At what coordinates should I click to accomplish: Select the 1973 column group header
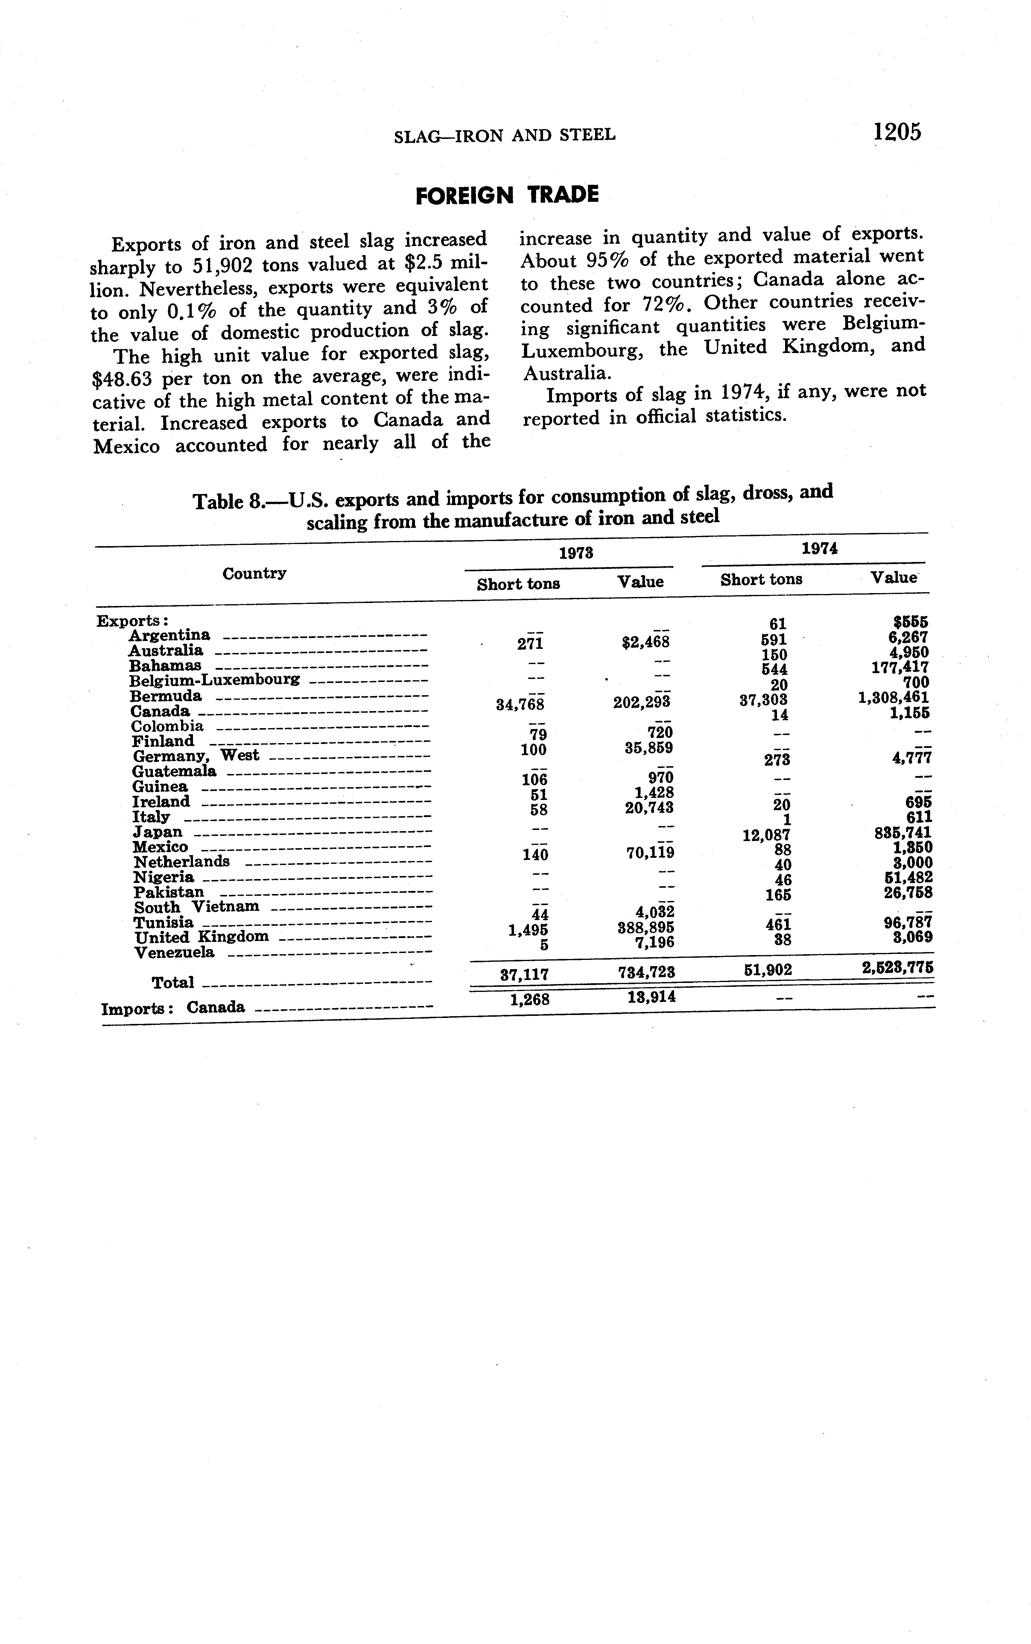click(576, 553)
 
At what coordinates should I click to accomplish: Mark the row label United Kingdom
click(201, 937)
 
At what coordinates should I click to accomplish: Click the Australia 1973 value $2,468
click(646, 642)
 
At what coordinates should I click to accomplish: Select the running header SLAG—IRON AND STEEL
click(505, 135)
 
